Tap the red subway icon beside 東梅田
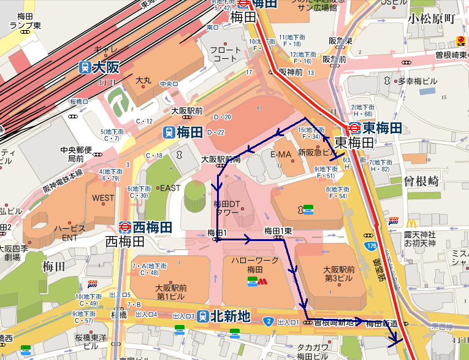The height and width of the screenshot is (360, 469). click(354, 128)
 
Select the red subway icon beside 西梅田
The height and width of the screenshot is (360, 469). click(124, 226)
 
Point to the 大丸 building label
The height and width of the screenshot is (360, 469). click(143, 80)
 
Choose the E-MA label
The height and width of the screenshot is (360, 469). click(281, 155)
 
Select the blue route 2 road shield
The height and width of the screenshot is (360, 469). click(269, 321)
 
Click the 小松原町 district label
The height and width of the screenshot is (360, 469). click(432, 18)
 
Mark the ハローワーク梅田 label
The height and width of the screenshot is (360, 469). click(254, 265)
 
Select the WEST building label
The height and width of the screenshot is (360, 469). click(103, 198)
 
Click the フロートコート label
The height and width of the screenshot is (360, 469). click(226, 54)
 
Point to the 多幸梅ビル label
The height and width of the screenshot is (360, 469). click(419, 80)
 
